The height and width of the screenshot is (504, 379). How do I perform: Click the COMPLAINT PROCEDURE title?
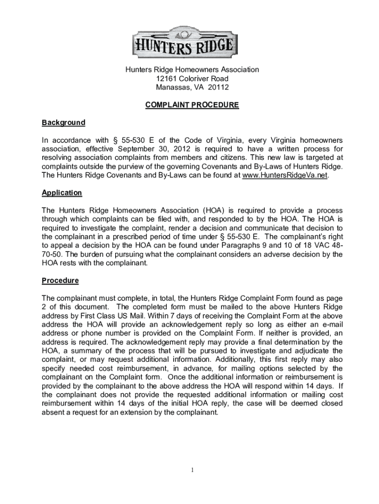(x=192, y=105)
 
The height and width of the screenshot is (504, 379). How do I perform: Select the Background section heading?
(x=63, y=123)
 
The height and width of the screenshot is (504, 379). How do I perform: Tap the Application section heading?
(x=62, y=193)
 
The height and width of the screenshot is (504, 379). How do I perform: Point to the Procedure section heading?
(x=60, y=281)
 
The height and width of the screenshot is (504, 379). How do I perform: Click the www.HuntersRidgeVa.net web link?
(x=285, y=176)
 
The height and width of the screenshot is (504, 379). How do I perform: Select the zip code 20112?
(x=219, y=88)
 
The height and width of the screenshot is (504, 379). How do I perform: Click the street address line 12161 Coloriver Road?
(x=192, y=79)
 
